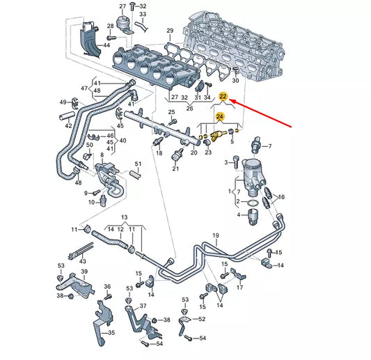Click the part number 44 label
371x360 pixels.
tap(107, 45)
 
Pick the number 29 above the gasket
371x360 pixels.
tap(170, 32)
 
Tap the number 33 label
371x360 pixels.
tap(143, 13)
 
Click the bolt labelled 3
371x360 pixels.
tap(235, 162)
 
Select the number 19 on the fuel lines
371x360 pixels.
tap(216, 236)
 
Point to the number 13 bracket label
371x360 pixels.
tap(124, 217)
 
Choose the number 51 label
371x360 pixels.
tap(138, 164)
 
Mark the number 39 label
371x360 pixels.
tap(84, 272)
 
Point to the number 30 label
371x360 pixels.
tap(235, 81)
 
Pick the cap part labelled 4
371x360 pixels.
tap(251, 214)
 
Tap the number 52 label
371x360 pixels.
tap(202, 318)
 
